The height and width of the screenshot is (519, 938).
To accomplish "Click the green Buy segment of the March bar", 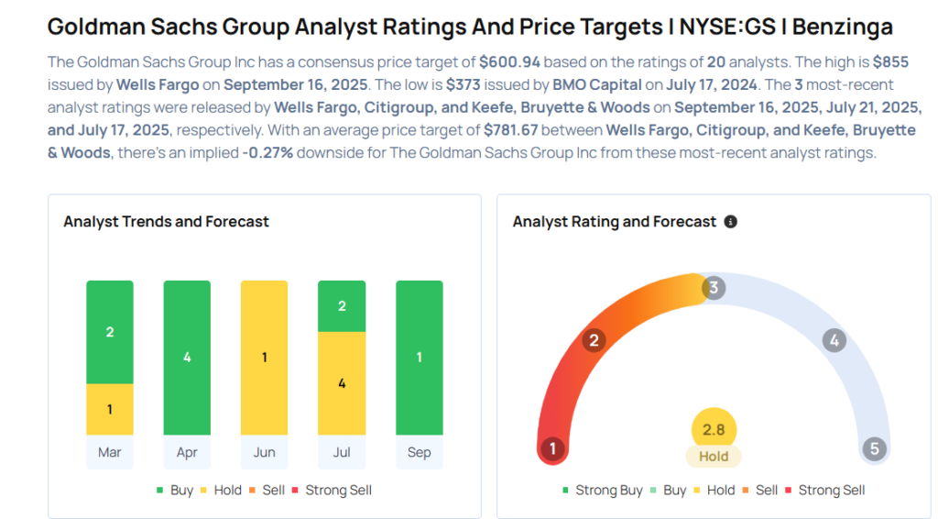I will (x=110, y=332).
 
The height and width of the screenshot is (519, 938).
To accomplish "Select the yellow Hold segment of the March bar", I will (x=110, y=409).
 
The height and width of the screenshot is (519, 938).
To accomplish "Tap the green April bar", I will (x=187, y=358).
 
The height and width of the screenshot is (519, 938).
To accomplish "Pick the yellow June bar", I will (x=264, y=358).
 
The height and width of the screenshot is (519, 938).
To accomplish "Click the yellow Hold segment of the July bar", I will (x=342, y=383).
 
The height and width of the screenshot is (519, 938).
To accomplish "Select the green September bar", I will (x=419, y=358).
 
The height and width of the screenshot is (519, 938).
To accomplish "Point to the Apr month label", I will (x=187, y=452).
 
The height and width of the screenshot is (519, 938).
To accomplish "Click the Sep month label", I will (x=419, y=452).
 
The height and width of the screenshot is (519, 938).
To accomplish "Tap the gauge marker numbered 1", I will (x=551, y=449).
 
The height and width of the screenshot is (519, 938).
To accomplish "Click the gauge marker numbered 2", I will (x=594, y=341).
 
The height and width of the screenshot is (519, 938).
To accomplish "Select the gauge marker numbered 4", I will (x=834, y=341).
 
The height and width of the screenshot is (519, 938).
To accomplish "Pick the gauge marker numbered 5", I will (x=875, y=449).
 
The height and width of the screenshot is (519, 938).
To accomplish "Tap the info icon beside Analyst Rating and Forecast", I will (x=730, y=222).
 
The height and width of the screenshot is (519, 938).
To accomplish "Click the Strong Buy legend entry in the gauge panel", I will (x=602, y=491).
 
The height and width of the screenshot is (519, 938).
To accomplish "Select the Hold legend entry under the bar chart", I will (x=223, y=491).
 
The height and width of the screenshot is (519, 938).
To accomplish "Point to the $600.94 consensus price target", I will (x=508, y=62).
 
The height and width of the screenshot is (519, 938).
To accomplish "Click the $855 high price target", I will (x=892, y=62).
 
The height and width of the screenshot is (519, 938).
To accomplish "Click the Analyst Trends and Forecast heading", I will (x=166, y=222).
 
